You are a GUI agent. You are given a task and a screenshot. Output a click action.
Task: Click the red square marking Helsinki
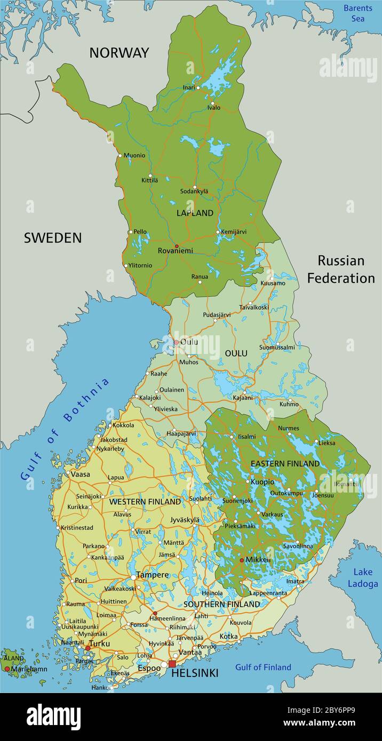tap(172, 664)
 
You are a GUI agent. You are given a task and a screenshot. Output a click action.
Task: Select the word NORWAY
tap(119, 53)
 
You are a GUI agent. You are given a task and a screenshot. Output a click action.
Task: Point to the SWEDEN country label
tap(53, 238)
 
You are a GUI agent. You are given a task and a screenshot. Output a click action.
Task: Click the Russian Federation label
tap(341, 269)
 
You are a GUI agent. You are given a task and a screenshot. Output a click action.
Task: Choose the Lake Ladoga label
tap(363, 578)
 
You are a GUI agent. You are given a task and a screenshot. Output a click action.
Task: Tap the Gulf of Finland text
tap(263, 667)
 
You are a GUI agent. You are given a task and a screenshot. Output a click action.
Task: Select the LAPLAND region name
tap(195, 213)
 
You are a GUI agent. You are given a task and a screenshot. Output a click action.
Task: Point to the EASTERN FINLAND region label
tap(285, 464)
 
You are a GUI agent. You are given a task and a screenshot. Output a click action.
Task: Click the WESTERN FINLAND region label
tap(145, 502)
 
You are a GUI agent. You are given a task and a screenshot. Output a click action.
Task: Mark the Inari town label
tap(188, 87)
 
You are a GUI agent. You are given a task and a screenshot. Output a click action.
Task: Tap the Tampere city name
tap(153, 575)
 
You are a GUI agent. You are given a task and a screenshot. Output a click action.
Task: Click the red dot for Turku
tap(88, 648)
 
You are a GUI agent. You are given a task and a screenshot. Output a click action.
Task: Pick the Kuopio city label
tap(262, 482)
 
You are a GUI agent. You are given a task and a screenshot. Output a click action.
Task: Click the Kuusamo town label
tap(273, 283)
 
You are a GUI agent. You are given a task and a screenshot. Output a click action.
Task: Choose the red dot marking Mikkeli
tap(242, 560)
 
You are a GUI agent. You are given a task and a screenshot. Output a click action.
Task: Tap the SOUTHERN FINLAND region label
tap(221, 604)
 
